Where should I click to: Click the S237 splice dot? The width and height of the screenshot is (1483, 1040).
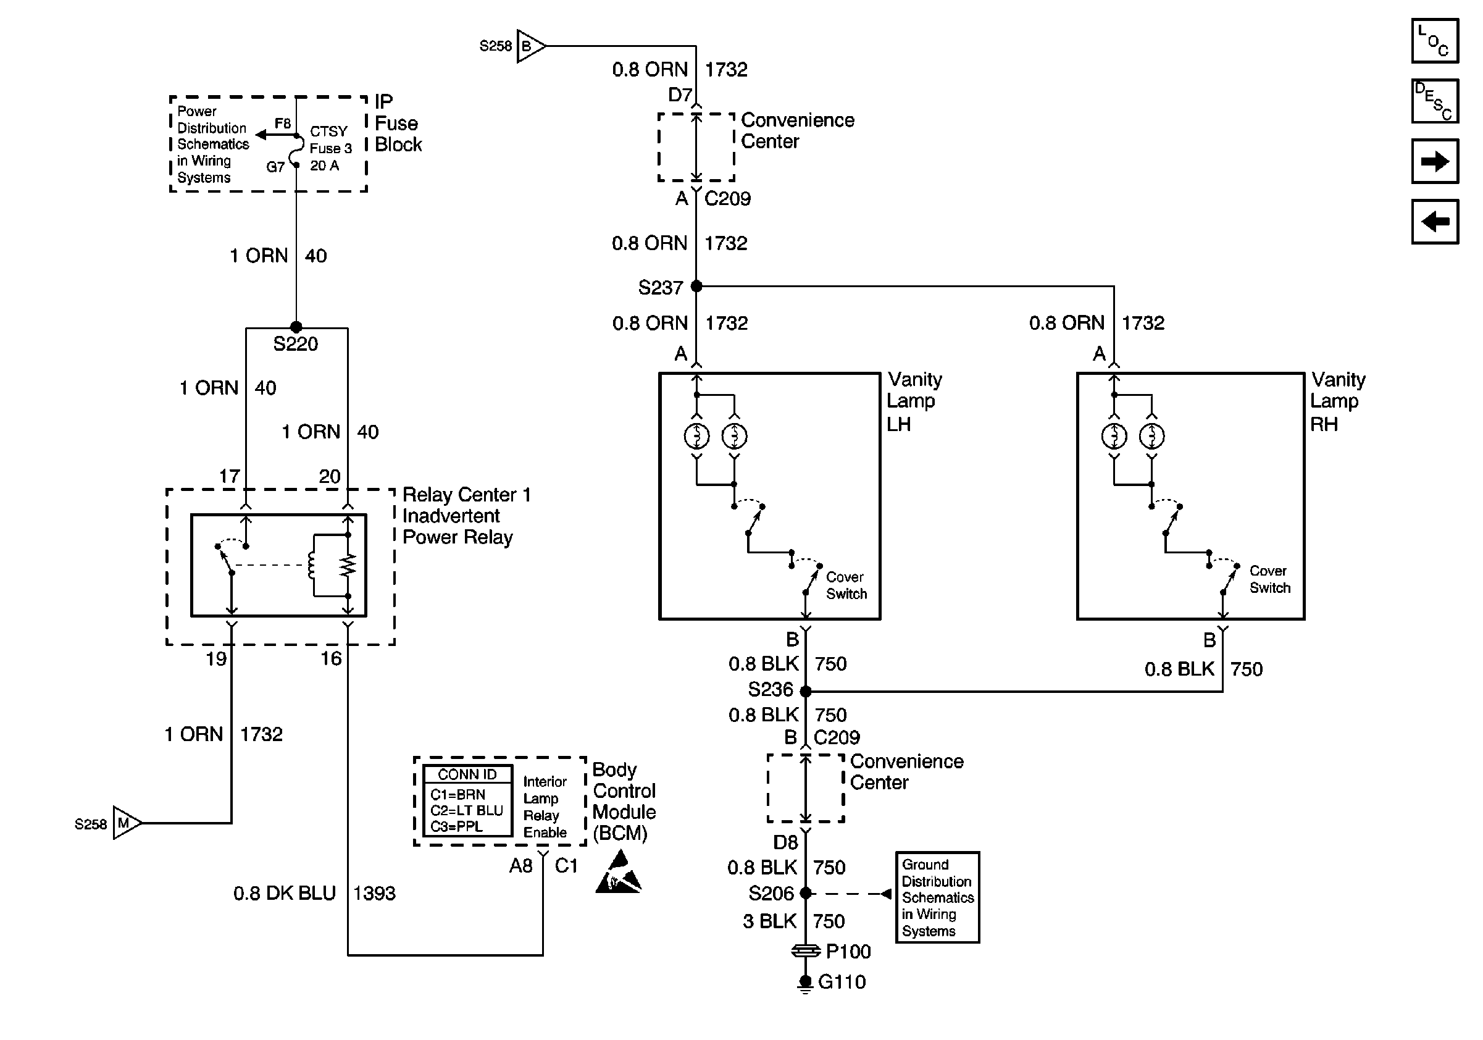[696, 286]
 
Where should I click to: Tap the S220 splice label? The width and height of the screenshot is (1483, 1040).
[295, 343]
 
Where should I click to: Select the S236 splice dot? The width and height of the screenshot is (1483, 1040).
[806, 691]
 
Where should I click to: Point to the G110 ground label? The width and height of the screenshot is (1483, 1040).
[842, 982]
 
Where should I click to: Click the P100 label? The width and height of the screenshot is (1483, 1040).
[848, 952]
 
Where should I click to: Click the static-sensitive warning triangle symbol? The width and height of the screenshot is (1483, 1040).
[618, 873]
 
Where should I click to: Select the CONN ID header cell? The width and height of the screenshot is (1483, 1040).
[467, 774]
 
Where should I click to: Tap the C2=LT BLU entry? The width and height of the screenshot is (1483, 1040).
[466, 811]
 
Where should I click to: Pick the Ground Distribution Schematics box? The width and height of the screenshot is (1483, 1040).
[937, 897]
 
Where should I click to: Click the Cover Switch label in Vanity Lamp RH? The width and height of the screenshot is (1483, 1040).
[1269, 579]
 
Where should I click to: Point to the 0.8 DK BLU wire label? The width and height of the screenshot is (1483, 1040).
[284, 894]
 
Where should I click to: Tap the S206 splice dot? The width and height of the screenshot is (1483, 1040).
[806, 894]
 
